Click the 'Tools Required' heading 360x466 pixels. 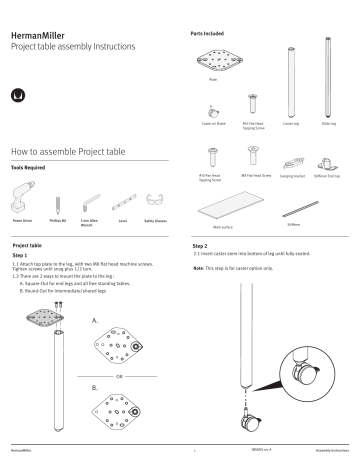[x=29, y=169]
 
